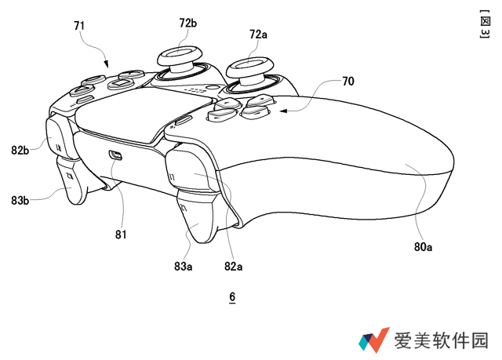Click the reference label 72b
pos(189,24)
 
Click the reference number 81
pos(120,233)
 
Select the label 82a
pos(233,267)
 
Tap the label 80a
pos(424,247)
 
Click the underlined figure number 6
pos(232,297)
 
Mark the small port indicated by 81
pos(115,155)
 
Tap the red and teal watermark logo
pos(375,339)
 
